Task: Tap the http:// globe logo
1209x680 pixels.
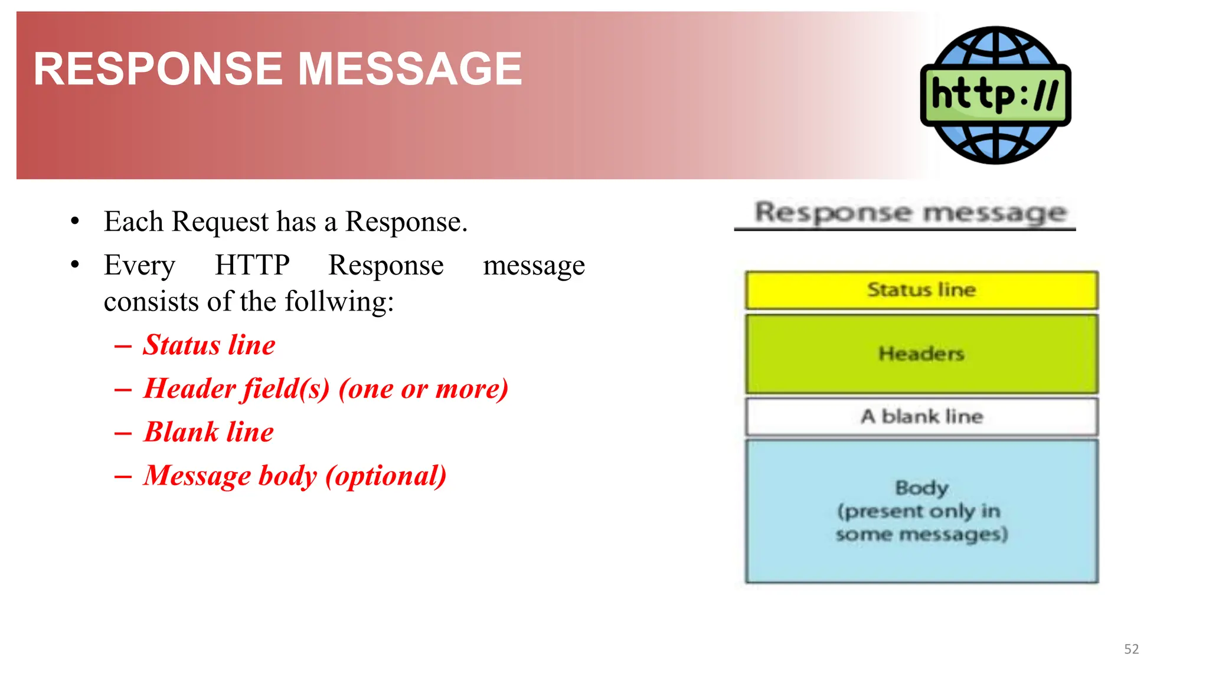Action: [x=995, y=95]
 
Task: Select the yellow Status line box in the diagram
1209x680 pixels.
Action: [x=921, y=290]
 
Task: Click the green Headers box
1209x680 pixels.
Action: [x=921, y=354]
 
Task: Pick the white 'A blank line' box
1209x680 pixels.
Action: [x=921, y=417]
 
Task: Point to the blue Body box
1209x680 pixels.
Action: [x=921, y=511]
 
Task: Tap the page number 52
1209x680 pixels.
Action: [x=1131, y=649]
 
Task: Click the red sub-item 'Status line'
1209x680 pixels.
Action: [x=209, y=345]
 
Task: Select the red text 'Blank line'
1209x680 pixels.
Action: [x=209, y=432]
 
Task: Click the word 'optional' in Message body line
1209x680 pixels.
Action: [x=386, y=476]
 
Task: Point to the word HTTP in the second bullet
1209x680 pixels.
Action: [x=252, y=265]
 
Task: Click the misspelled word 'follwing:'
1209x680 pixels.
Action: [x=339, y=302]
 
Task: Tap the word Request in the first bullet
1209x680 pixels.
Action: [x=220, y=222]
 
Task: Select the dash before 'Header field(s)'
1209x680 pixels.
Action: [x=123, y=390]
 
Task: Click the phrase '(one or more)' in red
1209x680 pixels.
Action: [x=423, y=388]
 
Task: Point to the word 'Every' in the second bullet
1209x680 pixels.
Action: [x=139, y=265]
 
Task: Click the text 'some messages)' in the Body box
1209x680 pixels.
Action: [x=921, y=534]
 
